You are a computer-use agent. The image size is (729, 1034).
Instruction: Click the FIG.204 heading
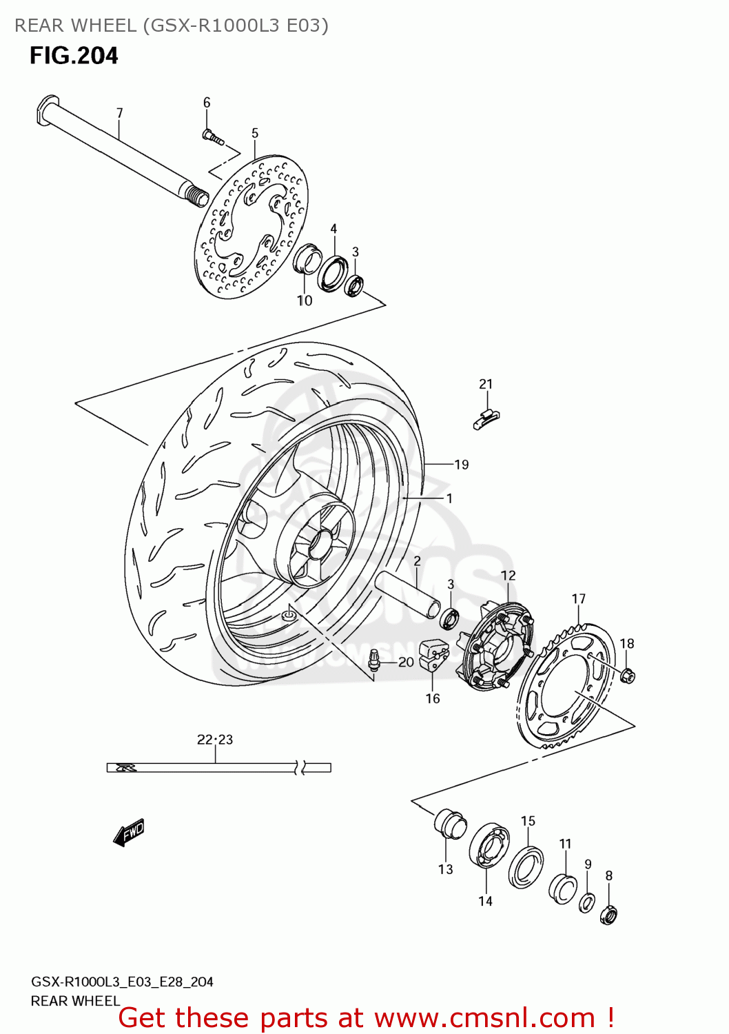74,56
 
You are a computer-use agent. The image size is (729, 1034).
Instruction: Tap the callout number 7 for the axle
119,113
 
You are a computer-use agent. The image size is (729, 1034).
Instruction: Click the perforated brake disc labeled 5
251,227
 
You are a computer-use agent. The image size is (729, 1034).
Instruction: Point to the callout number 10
305,301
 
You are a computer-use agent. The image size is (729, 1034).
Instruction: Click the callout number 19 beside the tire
461,465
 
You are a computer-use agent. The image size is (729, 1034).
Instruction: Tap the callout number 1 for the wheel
449,498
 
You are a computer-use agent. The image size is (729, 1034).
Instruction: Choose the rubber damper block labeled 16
433,655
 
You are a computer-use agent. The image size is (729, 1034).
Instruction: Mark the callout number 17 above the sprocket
579,599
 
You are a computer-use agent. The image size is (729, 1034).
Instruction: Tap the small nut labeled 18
627,676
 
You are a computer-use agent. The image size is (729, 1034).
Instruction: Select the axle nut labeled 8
608,915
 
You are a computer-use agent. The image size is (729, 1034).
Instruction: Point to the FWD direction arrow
129,832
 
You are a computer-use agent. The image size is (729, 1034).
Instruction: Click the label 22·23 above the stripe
215,740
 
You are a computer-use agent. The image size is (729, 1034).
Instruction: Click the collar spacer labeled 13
449,822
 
